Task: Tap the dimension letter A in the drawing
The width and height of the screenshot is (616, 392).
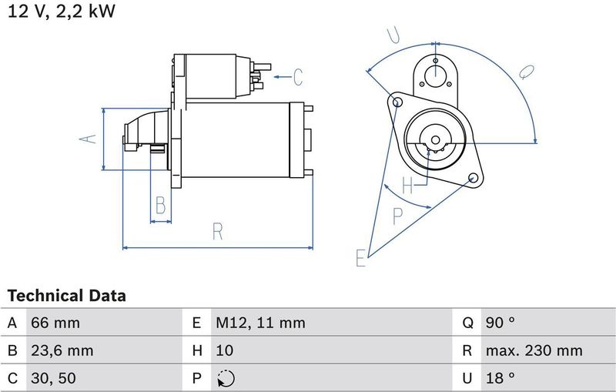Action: coord(89,139)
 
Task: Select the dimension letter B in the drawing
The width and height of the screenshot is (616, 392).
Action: coord(160,206)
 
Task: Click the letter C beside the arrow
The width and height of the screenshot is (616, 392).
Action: coord(298,77)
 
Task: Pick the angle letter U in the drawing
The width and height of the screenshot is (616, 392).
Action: coord(393,35)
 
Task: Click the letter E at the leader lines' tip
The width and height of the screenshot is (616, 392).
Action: coord(360,259)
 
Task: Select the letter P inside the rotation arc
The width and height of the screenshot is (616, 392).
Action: coord(397,216)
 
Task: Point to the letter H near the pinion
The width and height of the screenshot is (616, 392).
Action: coord(407,185)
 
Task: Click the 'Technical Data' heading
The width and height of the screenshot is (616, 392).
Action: coord(66,296)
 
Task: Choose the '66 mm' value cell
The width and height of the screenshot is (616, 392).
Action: coord(55,323)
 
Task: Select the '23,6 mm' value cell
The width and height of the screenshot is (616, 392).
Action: coord(62,350)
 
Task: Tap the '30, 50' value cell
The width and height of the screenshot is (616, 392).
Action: coord(54,378)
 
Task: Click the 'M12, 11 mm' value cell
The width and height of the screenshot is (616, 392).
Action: coord(259,323)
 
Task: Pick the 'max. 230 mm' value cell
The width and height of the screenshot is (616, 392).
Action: coord(534,350)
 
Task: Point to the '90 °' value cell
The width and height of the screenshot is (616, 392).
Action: coord(500,323)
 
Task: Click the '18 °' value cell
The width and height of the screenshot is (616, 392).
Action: coord(500,378)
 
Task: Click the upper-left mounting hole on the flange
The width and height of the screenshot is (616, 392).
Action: coord(397,102)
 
